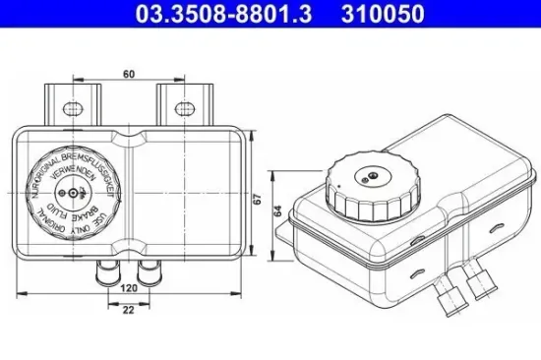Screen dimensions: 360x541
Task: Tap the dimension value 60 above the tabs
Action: tap(128, 72)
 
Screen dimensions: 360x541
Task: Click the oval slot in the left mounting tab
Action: tap(71, 104)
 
